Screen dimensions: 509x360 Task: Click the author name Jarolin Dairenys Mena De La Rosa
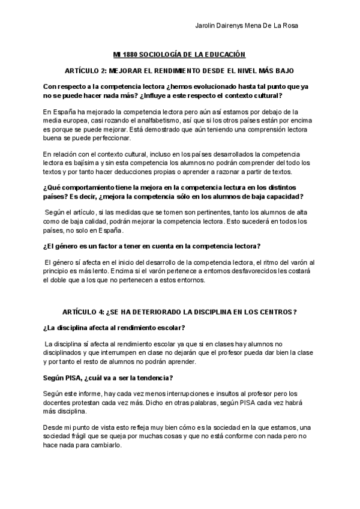click(x=247, y=26)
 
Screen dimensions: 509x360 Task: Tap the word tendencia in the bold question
click(x=150, y=378)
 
